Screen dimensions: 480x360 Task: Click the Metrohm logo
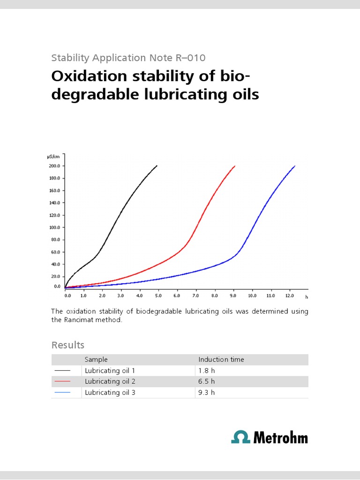point(270,437)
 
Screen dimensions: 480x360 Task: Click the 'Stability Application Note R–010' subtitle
point(128,58)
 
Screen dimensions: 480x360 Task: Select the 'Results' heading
point(67,345)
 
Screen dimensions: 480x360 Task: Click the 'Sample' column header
point(96,360)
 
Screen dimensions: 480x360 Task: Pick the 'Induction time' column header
point(221,360)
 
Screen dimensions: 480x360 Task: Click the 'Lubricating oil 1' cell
point(110,370)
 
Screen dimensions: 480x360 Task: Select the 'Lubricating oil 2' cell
point(110,381)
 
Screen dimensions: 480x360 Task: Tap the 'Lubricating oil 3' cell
point(110,392)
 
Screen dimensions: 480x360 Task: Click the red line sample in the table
point(62,382)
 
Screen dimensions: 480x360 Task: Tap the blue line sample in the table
point(62,392)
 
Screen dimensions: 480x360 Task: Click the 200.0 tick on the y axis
point(55,166)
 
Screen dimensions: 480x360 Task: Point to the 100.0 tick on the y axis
point(55,227)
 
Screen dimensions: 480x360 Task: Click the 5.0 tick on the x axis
point(158,296)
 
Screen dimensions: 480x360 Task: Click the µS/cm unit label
point(54,157)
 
